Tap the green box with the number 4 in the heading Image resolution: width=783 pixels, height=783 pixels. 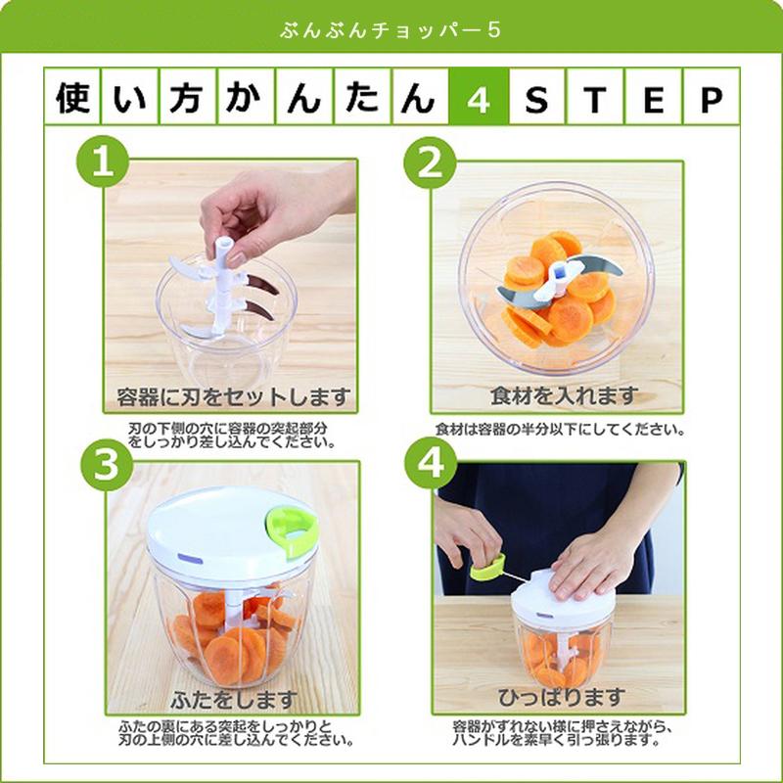point(478,100)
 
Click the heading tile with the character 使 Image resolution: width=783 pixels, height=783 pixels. point(72,100)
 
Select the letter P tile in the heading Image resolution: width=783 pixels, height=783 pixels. point(710,100)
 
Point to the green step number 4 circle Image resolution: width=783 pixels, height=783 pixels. point(430,465)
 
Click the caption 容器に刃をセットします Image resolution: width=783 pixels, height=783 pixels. point(232,396)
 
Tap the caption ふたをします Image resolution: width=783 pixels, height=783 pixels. point(232,700)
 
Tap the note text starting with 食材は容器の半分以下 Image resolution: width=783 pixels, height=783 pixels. point(559,429)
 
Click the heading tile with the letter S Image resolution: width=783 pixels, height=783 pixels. point(535,100)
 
